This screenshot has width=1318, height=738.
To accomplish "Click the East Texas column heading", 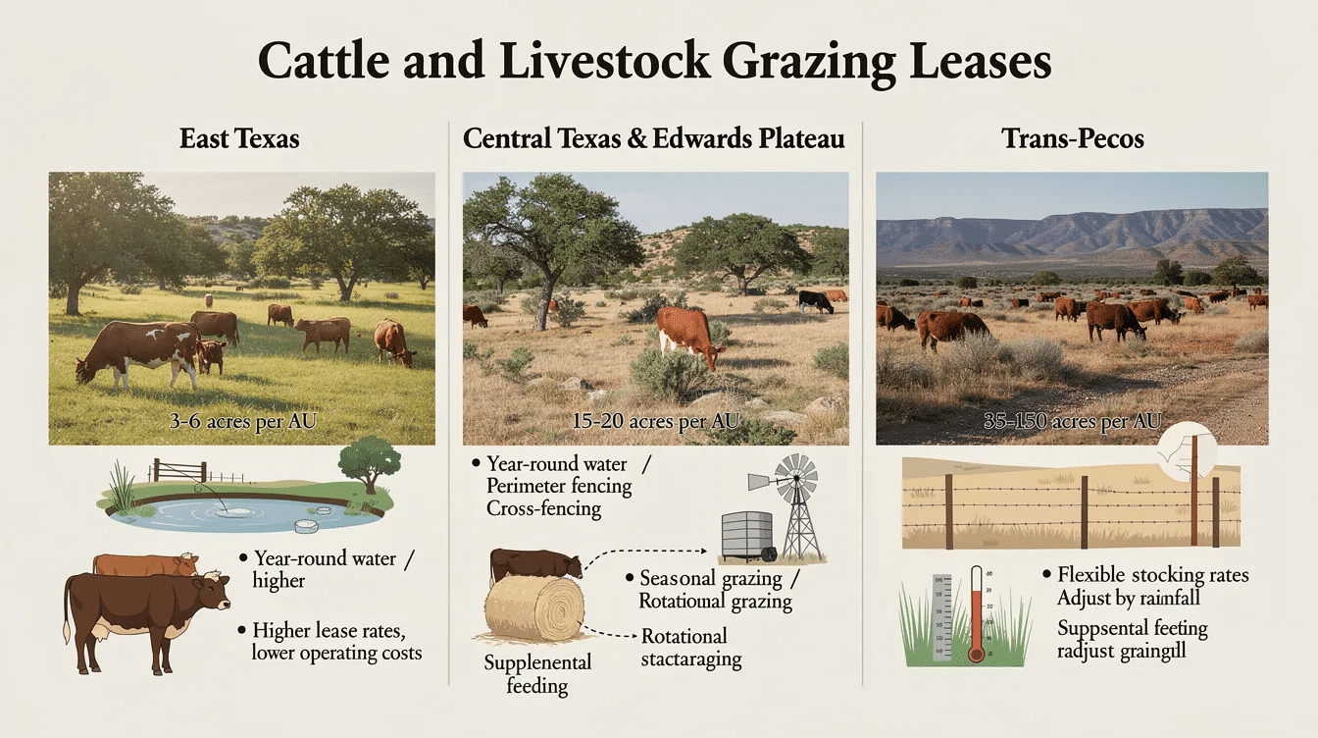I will tap(239, 138).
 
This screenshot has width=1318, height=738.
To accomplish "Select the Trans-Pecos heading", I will tap(1073, 138).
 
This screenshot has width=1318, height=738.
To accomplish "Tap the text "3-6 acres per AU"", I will tap(241, 423).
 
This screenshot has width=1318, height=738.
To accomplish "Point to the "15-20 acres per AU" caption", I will tap(655, 421).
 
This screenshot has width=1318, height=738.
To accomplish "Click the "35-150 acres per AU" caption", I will tap(1072, 422).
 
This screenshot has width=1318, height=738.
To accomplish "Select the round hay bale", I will tap(534, 609).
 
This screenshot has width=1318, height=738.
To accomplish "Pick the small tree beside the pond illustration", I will tap(370, 462).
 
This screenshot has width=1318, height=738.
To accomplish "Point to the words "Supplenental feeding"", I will tap(537, 673).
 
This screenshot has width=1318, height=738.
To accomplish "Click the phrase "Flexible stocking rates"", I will tap(1152, 574).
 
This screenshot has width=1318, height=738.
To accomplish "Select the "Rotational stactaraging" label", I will tap(690, 647).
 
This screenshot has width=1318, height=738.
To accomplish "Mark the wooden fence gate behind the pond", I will tap(179, 470).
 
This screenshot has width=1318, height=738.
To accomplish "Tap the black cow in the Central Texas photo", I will tap(815, 300).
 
